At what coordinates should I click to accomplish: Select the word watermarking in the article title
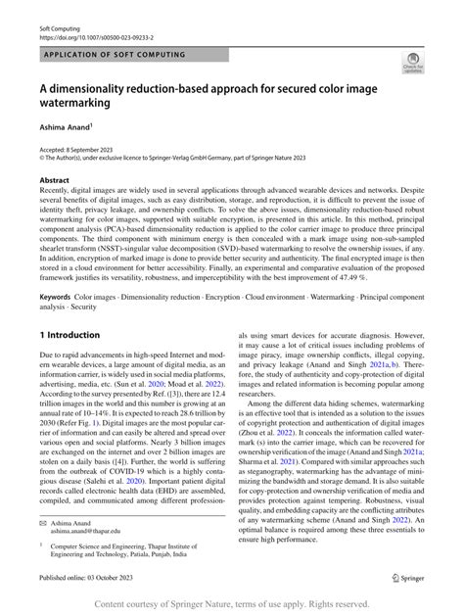point(74,102)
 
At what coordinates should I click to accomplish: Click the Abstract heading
point(55,181)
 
